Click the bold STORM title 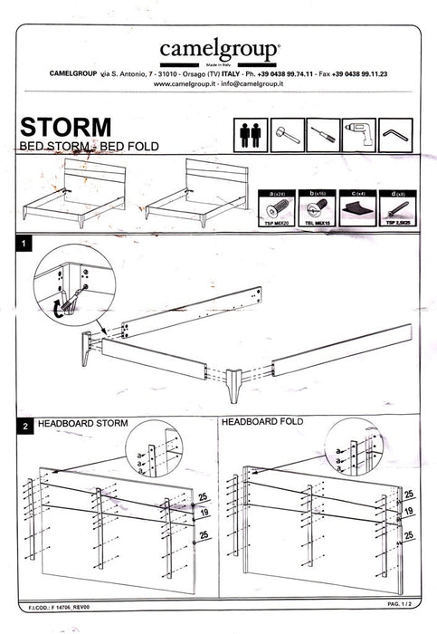click(65, 125)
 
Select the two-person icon click(251, 133)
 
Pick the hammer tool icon click(287, 133)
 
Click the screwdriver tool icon click(323, 133)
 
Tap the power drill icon click(359, 133)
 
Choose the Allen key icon click(395, 133)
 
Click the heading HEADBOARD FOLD click(262, 422)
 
